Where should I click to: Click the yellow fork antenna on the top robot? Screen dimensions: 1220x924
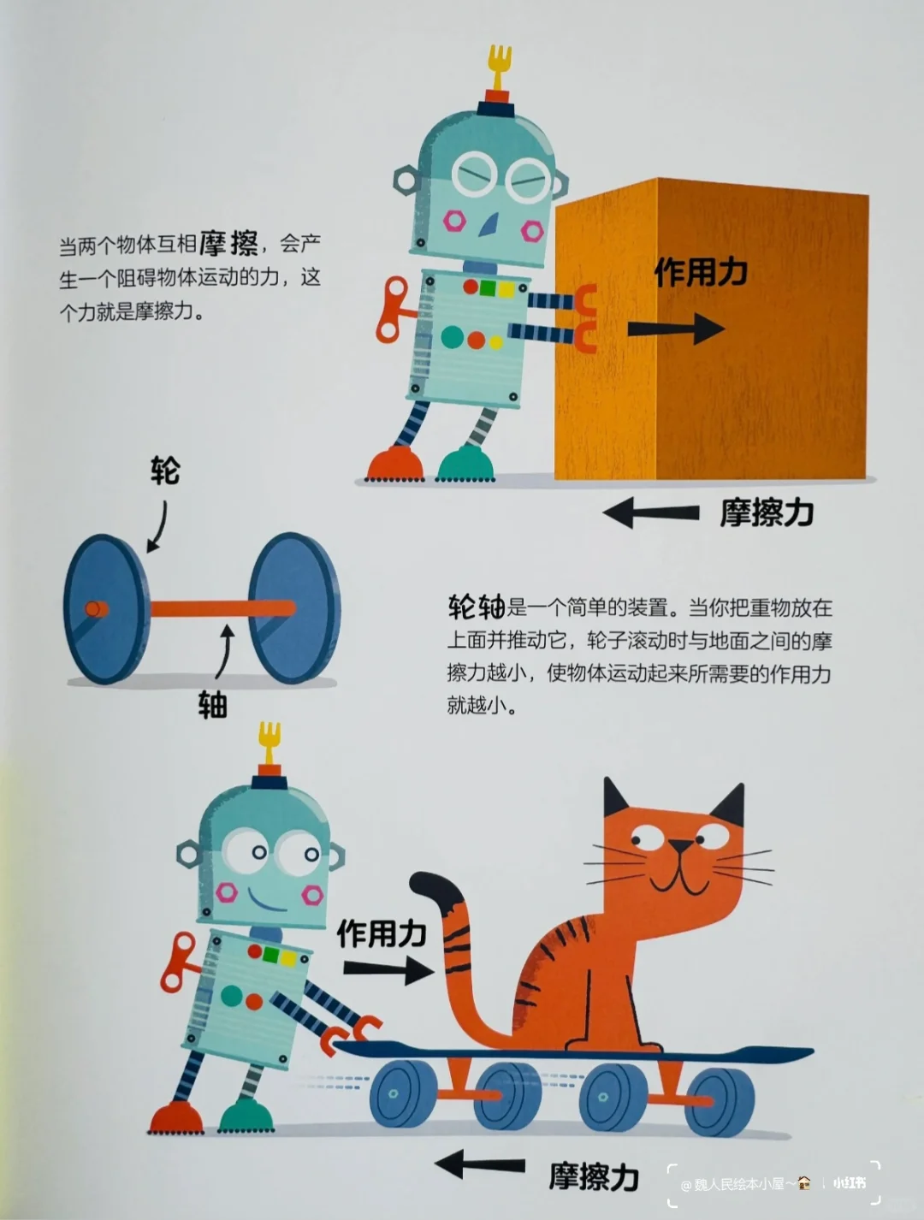[499, 64]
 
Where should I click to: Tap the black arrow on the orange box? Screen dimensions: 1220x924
[675, 329]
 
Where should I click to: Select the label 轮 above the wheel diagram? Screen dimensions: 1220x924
[165, 471]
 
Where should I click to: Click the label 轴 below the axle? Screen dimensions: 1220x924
[212, 705]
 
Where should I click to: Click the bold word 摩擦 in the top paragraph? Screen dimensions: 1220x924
[228, 245]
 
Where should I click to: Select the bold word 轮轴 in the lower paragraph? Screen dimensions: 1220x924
[477, 607]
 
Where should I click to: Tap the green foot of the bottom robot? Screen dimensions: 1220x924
[246, 1116]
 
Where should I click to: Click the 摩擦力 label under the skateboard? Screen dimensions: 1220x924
[594, 1177]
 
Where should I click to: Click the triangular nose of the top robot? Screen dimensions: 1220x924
[489, 223]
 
